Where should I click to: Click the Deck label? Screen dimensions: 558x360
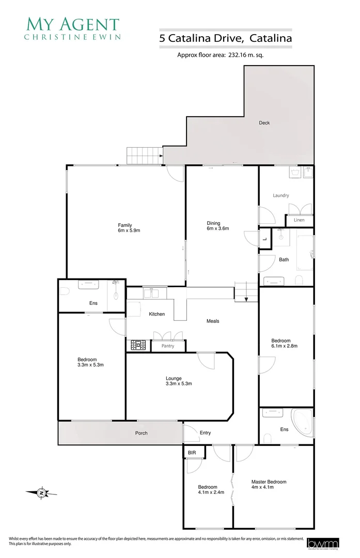click(x=264, y=123)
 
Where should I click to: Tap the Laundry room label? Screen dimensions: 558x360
click(x=281, y=195)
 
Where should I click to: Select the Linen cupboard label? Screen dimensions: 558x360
click(x=299, y=220)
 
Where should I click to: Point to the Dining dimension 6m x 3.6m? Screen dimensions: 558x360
click(x=214, y=228)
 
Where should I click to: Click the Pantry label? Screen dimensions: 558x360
click(x=168, y=346)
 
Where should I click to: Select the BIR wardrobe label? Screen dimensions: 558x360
click(x=192, y=453)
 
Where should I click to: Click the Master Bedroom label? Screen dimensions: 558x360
click(x=269, y=482)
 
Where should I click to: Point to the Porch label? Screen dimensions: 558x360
click(x=142, y=433)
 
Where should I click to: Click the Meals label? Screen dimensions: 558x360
click(x=213, y=321)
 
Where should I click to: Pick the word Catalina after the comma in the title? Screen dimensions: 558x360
click(x=271, y=38)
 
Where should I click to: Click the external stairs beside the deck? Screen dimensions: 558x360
click(x=145, y=154)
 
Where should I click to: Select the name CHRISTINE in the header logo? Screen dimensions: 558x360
click(x=53, y=37)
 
